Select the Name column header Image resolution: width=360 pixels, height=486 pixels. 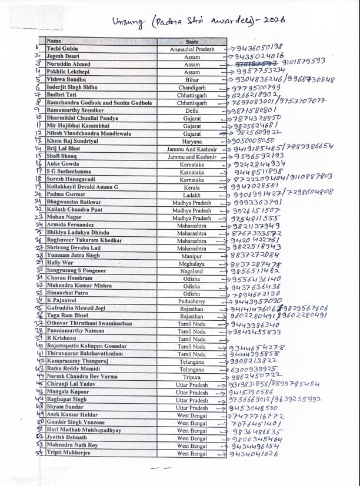pyautogui.click(x=54, y=41)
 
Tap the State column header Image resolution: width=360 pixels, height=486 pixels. pyautogui.click(x=192, y=42)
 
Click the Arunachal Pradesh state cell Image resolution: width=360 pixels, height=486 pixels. pyautogui.click(x=192, y=49)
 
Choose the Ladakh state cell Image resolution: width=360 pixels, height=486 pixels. pyautogui.click(x=192, y=195)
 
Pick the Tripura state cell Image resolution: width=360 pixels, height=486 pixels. pyautogui.click(x=192, y=377)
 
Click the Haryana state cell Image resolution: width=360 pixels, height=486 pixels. pyautogui.click(x=192, y=141)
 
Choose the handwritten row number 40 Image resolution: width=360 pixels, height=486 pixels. pyautogui.click(x=38, y=347)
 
